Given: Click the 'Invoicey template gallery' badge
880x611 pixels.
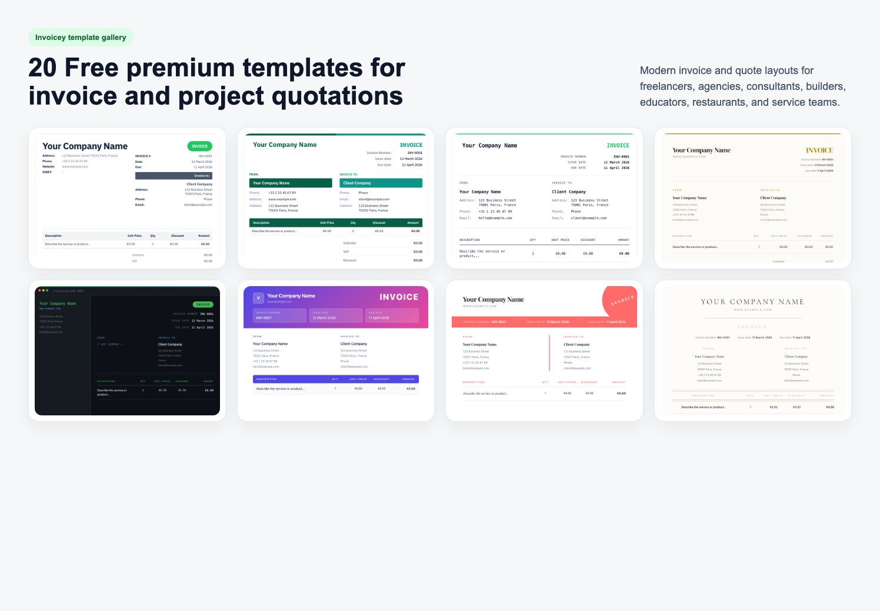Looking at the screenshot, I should [81, 38].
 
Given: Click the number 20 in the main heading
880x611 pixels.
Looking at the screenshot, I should [42, 68].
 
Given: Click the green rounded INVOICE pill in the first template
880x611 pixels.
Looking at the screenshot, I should [199, 146].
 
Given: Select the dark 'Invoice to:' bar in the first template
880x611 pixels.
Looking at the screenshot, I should [174, 176].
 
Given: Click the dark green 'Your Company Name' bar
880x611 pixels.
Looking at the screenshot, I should [291, 183].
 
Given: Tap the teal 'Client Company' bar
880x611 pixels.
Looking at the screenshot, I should [381, 183].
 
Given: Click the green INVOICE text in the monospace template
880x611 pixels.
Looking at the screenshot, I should [618, 146].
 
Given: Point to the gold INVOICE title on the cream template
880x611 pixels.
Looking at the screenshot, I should [819, 150].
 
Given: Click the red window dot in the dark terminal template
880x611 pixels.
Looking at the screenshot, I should [39, 290].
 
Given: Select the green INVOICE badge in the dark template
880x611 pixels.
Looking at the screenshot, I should [203, 304].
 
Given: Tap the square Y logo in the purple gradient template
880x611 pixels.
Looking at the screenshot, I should [258, 298].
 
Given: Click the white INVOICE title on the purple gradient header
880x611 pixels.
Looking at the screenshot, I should [399, 297].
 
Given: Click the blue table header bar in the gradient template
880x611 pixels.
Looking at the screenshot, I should [335, 379].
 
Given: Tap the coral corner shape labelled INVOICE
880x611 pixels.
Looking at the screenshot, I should [621, 300].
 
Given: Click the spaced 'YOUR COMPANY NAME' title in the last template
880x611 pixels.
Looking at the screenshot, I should [752, 302].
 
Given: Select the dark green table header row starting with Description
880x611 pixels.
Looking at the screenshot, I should [335, 223].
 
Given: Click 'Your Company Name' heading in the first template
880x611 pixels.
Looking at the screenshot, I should [85, 146].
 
